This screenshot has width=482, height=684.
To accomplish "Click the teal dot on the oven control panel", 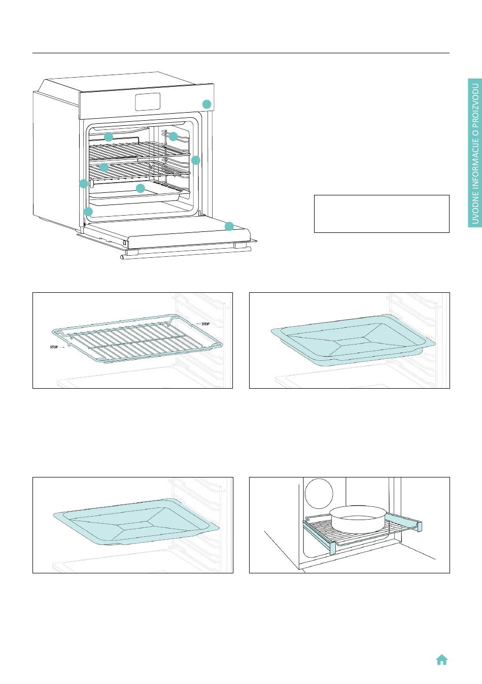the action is click(x=206, y=104).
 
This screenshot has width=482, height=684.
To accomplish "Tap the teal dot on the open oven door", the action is click(x=229, y=226).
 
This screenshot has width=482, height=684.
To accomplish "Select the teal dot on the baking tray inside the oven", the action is click(x=140, y=188).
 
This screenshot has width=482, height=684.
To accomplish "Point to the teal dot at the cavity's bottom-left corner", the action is click(x=88, y=212).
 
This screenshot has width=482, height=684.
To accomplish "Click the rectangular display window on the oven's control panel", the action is click(x=148, y=101).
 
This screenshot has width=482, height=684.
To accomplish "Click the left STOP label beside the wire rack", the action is click(x=54, y=347).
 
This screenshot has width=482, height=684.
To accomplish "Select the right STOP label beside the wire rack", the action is click(x=205, y=324).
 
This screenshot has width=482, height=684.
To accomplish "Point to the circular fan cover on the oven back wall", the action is click(x=319, y=493).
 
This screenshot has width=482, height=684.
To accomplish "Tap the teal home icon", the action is click(x=442, y=660).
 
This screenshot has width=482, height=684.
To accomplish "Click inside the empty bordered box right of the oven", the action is click(x=382, y=214).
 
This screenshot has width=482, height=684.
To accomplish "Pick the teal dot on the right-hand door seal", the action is click(x=196, y=160).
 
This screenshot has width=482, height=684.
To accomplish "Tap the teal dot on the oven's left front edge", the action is click(x=84, y=184).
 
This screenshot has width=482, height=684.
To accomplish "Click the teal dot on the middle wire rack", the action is click(x=104, y=167).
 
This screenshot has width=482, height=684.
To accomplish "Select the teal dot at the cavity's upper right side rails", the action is click(x=173, y=136).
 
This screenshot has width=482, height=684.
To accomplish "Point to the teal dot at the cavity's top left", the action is click(x=109, y=137).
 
